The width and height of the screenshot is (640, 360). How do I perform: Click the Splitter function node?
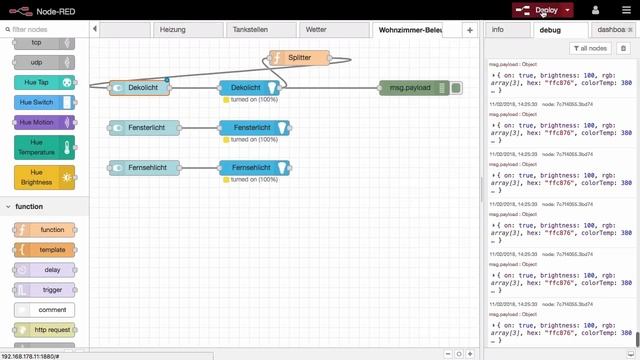click(x=299, y=58)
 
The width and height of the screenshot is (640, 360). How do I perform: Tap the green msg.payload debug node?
click(x=412, y=88)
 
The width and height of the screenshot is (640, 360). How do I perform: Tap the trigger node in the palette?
click(x=45, y=290)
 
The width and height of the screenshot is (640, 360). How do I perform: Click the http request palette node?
click(x=45, y=330)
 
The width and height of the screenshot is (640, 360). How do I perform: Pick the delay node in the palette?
click(x=45, y=270)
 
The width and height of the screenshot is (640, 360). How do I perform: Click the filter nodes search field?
click(x=45, y=30)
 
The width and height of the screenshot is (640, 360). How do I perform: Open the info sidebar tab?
click(x=497, y=30)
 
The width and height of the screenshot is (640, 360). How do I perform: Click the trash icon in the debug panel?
click(x=623, y=48)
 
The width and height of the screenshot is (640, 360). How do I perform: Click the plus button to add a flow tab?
click(x=470, y=30)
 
